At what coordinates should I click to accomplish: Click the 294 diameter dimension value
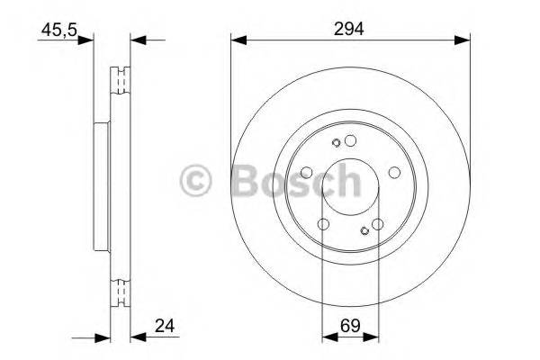pyautogui.click(x=350, y=30)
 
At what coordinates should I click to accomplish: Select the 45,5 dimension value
pyautogui.click(x=58, y=30)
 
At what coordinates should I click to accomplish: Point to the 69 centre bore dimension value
pyautogui.click(x=350, y=327)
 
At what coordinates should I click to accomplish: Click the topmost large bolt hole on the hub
pyautogui.click(x=350, y=139)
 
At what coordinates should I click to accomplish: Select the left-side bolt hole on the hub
pyautogui.click(x=306, y=172)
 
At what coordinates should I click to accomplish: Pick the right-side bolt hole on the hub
pyautogui.click(x=394, y=172)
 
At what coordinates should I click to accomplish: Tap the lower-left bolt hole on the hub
pyautogui.click(x=323, y=225)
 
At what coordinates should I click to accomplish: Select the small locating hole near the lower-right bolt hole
pyautogui.click(x=364, y=232)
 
